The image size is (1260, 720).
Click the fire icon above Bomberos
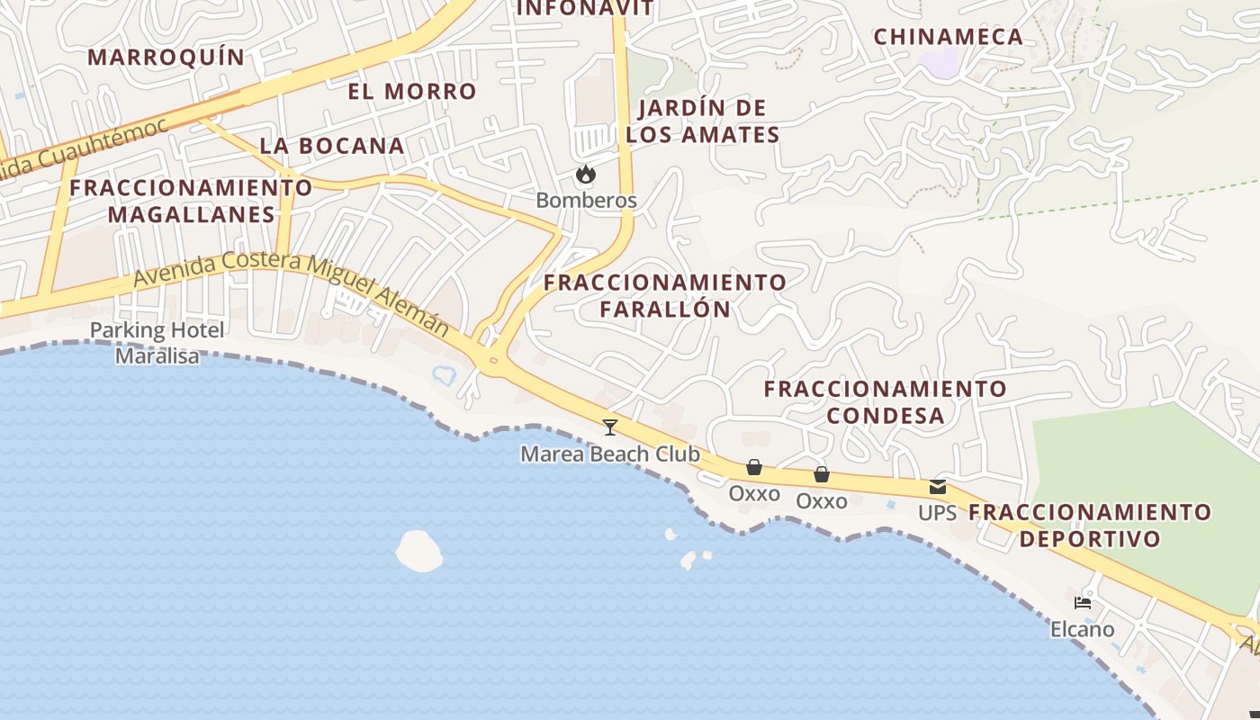tap(586, 174)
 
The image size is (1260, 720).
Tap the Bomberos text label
tap(586, 200)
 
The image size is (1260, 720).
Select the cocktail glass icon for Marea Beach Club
tap(610, 427)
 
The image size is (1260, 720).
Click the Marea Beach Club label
tap(610, 454)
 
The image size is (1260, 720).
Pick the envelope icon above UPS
tap(938, 487)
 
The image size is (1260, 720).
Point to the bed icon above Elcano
tap(1083, 602)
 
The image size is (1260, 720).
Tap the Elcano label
tap(1083, 629)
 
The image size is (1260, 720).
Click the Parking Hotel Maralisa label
tap(157, 343)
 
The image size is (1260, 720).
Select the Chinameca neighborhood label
tap(949, 37)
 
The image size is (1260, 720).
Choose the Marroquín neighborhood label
tap(166, 58)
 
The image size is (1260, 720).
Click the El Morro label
tap(412, 91)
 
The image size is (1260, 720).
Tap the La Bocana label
tap(332, 146)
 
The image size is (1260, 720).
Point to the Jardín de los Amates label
tap(703, 121)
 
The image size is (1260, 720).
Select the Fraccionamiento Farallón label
tap(665, 295)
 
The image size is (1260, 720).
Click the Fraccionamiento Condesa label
tap(886, 401)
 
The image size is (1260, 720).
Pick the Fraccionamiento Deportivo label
tap(1090, 526)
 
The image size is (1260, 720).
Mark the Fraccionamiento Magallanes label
tap(191, 201)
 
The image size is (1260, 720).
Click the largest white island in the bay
tap(419, 551)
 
